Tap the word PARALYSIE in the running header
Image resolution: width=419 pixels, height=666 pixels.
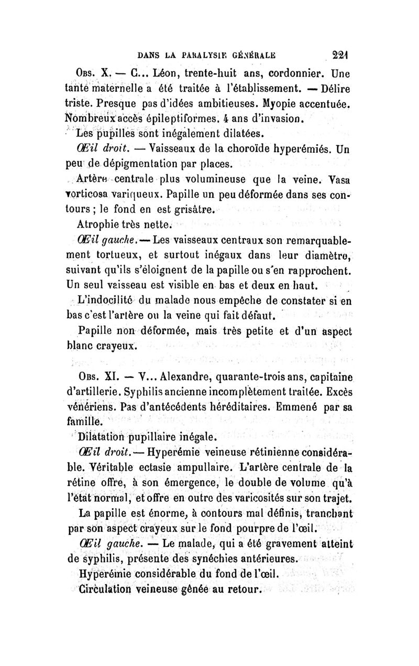point(201,53)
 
